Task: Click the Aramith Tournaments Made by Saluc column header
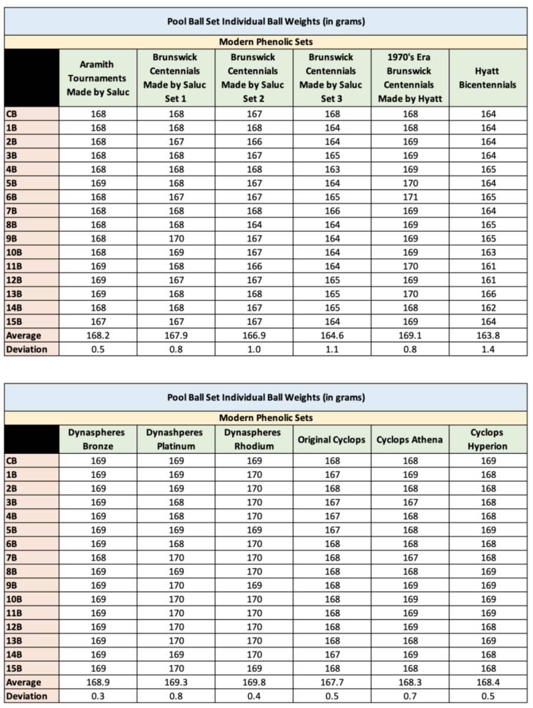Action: coord(97,78)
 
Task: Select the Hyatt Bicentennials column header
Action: coord(488,78)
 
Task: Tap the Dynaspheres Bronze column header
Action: coord(97,439)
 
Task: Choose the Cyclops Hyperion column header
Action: coord(488,439)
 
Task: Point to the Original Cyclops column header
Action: coord(332,439)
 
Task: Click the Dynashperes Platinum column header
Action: coord(175,439)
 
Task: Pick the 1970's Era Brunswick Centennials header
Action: coord(410,78)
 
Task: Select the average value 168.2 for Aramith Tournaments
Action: coord(97,336)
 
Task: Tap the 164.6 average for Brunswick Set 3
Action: coord(332,336)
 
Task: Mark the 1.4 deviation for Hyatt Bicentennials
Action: coord(488,349)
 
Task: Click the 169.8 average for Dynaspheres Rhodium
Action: coord(254,682)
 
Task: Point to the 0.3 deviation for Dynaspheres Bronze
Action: coord(97,696)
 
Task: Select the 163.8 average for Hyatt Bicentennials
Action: coord(488,336)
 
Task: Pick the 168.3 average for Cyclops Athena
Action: coord(410,682)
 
